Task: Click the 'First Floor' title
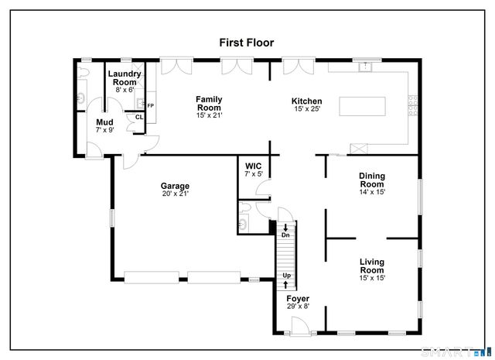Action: point(246,43)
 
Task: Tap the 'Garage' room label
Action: point(175,186)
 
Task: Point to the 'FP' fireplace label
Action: point(150,105)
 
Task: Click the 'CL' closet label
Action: point(139,117)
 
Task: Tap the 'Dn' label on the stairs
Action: point(285,235)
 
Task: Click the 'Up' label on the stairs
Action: point(286,276)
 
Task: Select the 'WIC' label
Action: point(254,166)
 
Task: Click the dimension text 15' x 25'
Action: point(306,109)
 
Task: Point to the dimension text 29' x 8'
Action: point(298,307)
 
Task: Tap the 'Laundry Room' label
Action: point(125,78)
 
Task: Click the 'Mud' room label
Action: point(104,122)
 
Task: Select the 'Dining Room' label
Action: point(371,180)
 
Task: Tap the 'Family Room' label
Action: point(209,103)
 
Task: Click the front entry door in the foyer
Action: point(299,331)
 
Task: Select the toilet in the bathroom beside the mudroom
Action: point(83,98)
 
